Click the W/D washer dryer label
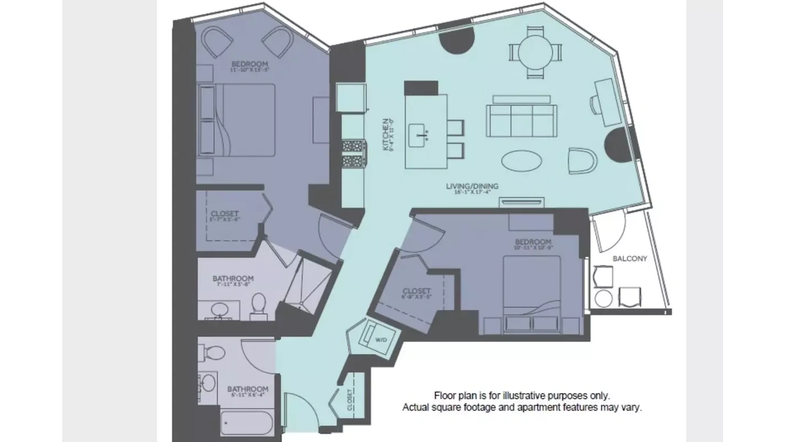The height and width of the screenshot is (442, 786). pos(381,341)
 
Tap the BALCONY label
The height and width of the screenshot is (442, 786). pos(629,259)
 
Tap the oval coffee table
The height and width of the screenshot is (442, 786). pos(521,160)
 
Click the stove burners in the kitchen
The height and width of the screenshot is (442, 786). pos(352,154)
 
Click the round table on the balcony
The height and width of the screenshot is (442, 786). pos(604,299)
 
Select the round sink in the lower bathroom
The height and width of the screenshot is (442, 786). pos(209,382)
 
